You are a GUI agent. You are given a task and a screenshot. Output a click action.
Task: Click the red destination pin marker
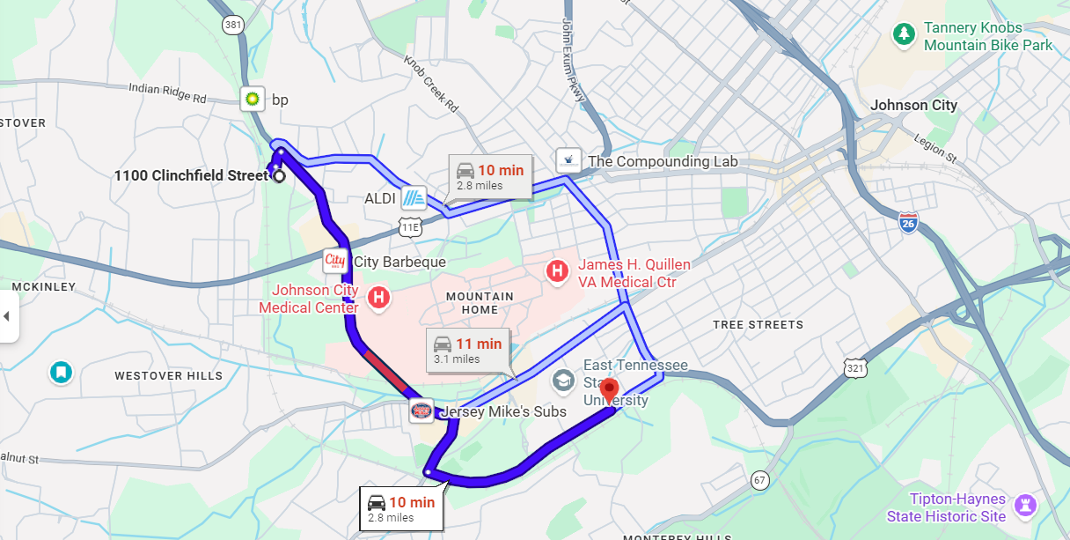tap(609, 388)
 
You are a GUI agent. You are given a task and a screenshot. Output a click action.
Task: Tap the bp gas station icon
tap(253, 99)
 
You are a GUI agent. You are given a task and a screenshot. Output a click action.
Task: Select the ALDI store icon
tap(414, 198)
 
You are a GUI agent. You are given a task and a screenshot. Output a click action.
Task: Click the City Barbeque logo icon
tap(335, 262)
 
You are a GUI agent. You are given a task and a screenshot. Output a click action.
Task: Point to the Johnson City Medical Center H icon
tap(378, 297)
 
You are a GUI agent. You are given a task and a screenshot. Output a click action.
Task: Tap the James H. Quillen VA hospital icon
tap(557, 271)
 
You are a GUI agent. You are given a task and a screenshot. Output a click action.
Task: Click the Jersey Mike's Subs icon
tap(421, 410)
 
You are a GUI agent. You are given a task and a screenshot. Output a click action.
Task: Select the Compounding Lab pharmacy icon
tap(568, 160)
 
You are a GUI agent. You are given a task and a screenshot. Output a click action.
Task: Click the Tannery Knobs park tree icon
tap(903, 34)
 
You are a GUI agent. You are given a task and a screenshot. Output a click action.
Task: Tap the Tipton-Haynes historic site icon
tap(1024, 506)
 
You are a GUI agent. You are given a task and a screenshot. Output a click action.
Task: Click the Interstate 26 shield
tap(910, 222)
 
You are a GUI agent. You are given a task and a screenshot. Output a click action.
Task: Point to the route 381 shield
tap(233, 25)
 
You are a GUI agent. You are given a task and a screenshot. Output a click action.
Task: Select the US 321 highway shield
tap(854, 367)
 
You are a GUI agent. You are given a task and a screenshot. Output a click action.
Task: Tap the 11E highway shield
tap(410, 227)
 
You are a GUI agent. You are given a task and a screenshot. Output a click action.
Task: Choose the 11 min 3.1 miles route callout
tap(467, 350)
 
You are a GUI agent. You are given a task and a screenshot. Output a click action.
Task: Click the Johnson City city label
tap(913, 105)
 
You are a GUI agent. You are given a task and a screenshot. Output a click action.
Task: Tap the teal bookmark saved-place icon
tap(61, 373)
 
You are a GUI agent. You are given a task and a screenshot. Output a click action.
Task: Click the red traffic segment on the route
tap(385, 370)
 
